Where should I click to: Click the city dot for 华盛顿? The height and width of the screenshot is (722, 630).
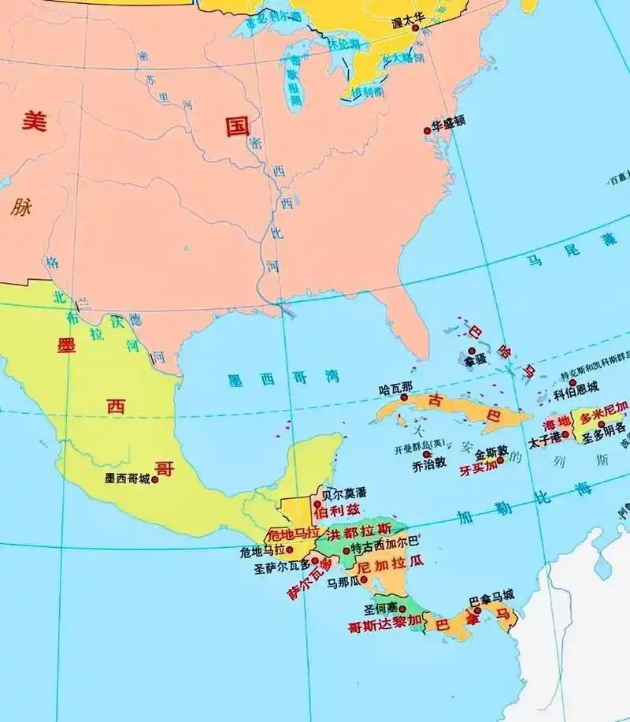428,130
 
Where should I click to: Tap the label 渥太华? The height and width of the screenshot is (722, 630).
408,24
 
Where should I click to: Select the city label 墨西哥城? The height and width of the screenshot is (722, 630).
127,478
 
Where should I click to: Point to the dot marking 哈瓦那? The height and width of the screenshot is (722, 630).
404,398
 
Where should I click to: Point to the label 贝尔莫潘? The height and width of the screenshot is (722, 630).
345,493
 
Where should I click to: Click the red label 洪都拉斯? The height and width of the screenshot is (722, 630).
358,529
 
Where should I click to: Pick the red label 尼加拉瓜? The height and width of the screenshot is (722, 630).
391,565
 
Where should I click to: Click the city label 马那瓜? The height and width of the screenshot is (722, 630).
343,582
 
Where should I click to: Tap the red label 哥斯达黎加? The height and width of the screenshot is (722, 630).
384,627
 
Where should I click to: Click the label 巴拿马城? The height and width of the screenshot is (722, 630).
492,595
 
